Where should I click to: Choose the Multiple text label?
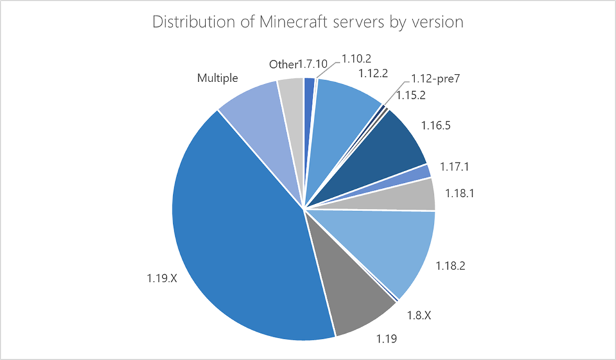click(x=218, y=78)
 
